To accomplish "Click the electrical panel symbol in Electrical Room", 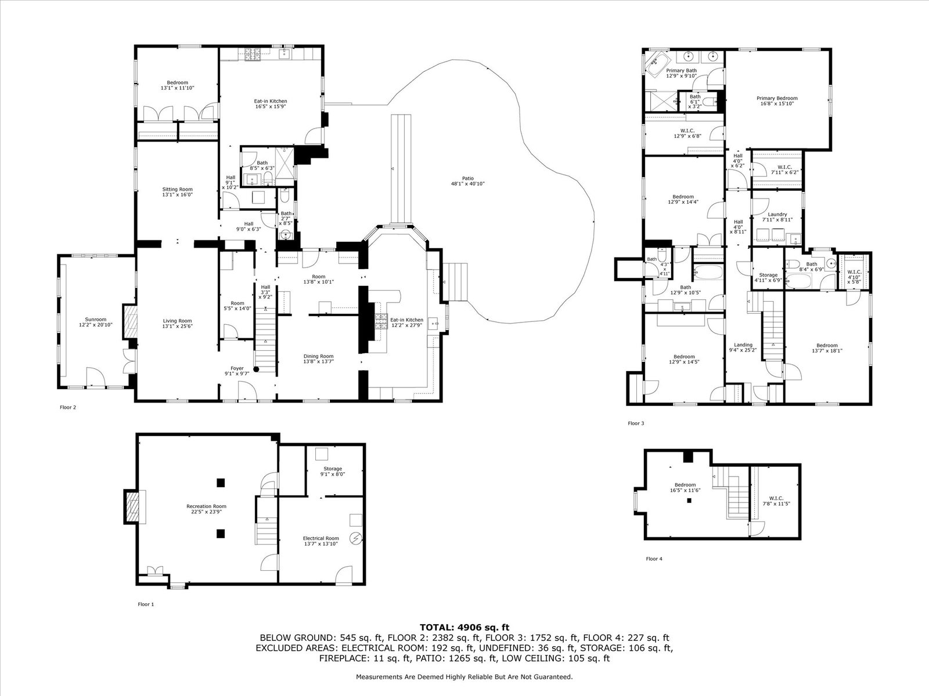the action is [355, 539].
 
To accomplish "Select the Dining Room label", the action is [318, 358].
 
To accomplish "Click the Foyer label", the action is [237, 371].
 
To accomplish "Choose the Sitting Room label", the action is [177, 192].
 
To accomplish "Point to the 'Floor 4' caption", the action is [654, 559].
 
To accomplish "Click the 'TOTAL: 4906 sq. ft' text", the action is [464, 627].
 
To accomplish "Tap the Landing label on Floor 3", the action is [743, 347].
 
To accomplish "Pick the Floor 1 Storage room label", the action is [333, 471].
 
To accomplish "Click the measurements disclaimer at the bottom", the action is [464, 676].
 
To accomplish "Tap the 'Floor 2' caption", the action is [68, 407].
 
